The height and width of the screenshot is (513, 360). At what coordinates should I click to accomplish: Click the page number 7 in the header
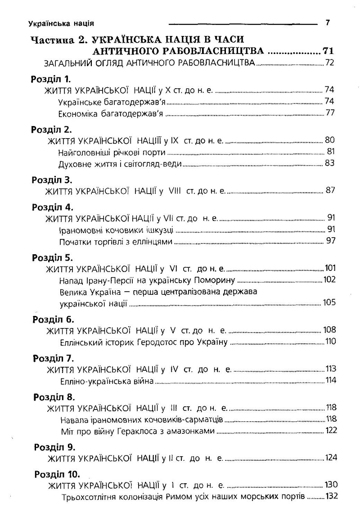(327, 22)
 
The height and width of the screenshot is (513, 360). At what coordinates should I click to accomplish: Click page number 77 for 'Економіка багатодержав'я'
(330, 112)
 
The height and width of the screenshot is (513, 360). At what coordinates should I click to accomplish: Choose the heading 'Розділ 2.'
(52, 130)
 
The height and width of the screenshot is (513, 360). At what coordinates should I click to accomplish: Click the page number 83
(330, 163)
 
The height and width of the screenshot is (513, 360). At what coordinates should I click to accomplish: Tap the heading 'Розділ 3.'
(52, 180)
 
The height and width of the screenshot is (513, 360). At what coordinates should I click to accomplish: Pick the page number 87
(330, 190)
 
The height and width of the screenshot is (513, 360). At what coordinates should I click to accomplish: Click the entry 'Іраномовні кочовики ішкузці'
(116, 230)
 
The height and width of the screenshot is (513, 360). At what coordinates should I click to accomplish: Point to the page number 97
(330, 242)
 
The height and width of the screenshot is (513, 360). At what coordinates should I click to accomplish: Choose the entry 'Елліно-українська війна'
(107, 381)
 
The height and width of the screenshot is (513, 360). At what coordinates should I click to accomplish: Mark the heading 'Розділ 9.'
(54, 448)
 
